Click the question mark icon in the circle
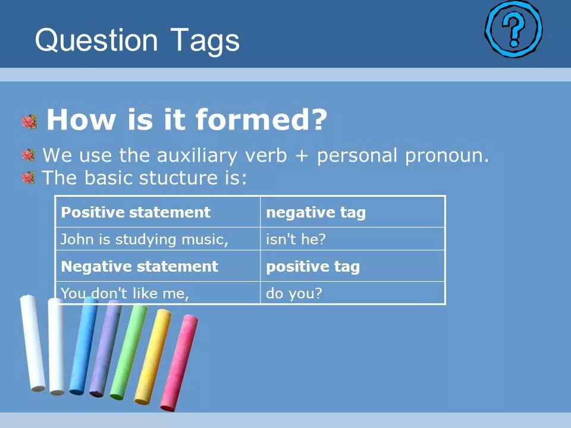[x=513, y=29]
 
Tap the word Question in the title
[x=96, y=40]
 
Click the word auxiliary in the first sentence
[x=197, y=156]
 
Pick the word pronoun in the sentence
[x=447, y=156]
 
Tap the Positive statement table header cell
[x=158, y=212]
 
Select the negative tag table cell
[x=353, y=212]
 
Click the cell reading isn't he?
[x=353, y=239]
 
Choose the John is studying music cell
[x=158, y=239]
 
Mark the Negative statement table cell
[x=158, y=266]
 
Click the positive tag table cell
[x=353, y=266]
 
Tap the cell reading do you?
[x=353, y=292]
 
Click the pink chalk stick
[x=179, y=363]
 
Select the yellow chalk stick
[x=153, y=357]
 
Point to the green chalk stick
[x=128, y=351]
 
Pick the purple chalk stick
[x=106, y=348]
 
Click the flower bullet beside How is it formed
[x=30, y=122]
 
